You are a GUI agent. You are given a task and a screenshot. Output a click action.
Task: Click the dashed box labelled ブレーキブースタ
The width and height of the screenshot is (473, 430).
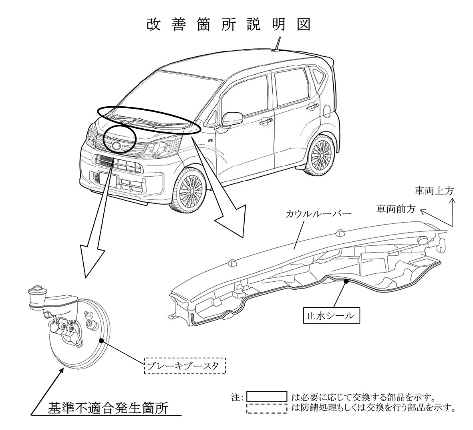point(185,366)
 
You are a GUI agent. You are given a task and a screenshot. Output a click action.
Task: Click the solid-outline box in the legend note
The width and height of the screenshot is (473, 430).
point(267,397)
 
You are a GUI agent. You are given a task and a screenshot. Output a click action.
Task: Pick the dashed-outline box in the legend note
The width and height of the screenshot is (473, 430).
point(267,408)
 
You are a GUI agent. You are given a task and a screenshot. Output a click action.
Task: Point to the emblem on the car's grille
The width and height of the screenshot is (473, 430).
point(117,146)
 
